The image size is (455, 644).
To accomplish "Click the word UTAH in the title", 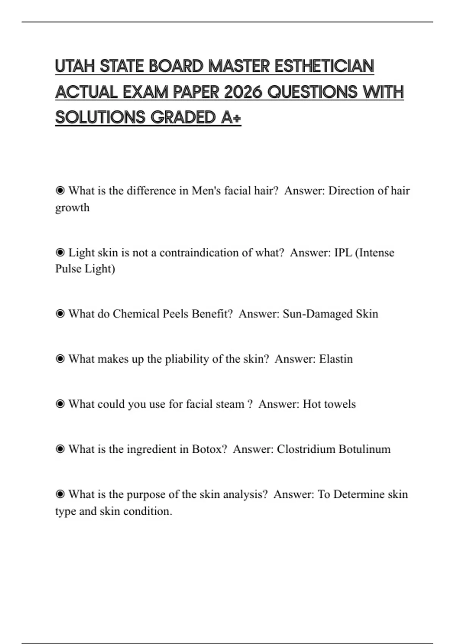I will click(75, 66).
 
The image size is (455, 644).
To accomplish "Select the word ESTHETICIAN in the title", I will click(324, 66).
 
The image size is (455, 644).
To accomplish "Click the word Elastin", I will click(336, 359).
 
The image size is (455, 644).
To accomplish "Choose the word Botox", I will click(209, 449).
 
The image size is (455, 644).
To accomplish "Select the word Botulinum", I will click(364, 449).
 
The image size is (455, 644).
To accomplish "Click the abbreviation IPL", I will click(343, 252).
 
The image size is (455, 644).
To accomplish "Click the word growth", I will click(72, 208).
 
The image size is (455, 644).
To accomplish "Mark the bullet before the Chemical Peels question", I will click(60, 314).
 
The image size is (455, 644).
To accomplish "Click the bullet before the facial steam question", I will click(60, 404).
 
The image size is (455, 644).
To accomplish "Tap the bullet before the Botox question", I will click(60, 449).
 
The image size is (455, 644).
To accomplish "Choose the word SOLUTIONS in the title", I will click(100, 117).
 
